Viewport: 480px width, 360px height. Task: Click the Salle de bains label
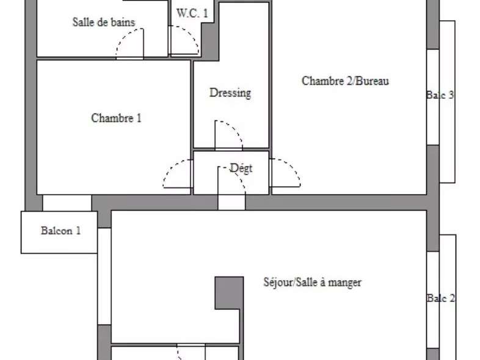103,23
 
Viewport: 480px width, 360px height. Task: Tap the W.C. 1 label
192,13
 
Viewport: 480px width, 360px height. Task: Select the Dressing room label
230,93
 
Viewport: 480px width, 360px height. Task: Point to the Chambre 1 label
116,118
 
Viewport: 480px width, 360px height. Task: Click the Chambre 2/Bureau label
345,81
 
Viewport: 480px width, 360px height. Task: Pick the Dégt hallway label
241,168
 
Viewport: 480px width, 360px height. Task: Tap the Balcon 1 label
60,231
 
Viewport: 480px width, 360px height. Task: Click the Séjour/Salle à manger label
312,283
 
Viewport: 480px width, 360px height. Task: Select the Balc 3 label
440,95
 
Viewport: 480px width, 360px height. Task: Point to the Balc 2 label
440,298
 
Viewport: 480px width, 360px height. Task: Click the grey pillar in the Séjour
228,293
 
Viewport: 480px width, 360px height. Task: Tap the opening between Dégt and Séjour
231,203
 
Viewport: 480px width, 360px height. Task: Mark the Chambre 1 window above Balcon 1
67,203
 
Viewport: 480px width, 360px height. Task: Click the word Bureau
373,81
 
